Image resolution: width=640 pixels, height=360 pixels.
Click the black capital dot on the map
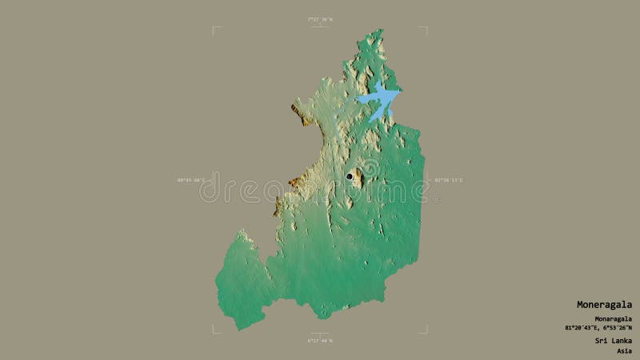pyautogui.click(x=350, y=176)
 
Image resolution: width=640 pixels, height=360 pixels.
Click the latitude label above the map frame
pyautogui.click(x=320, y=20)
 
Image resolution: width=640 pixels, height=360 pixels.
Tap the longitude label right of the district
pyautogui.click(x=449, y=181)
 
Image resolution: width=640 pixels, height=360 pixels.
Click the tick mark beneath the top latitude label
pyautogui.click(x=320, y=28)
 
